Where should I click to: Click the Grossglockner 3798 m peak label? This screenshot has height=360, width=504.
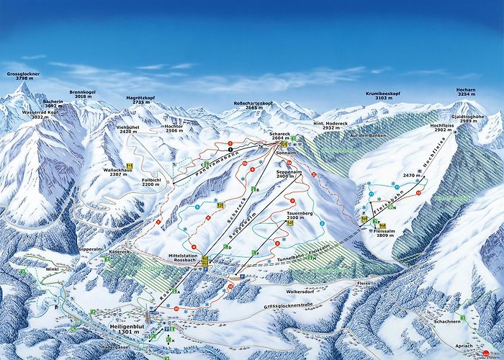click(x=23, y=77)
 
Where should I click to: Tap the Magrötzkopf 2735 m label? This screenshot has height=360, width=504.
click(x=147, y=100)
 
